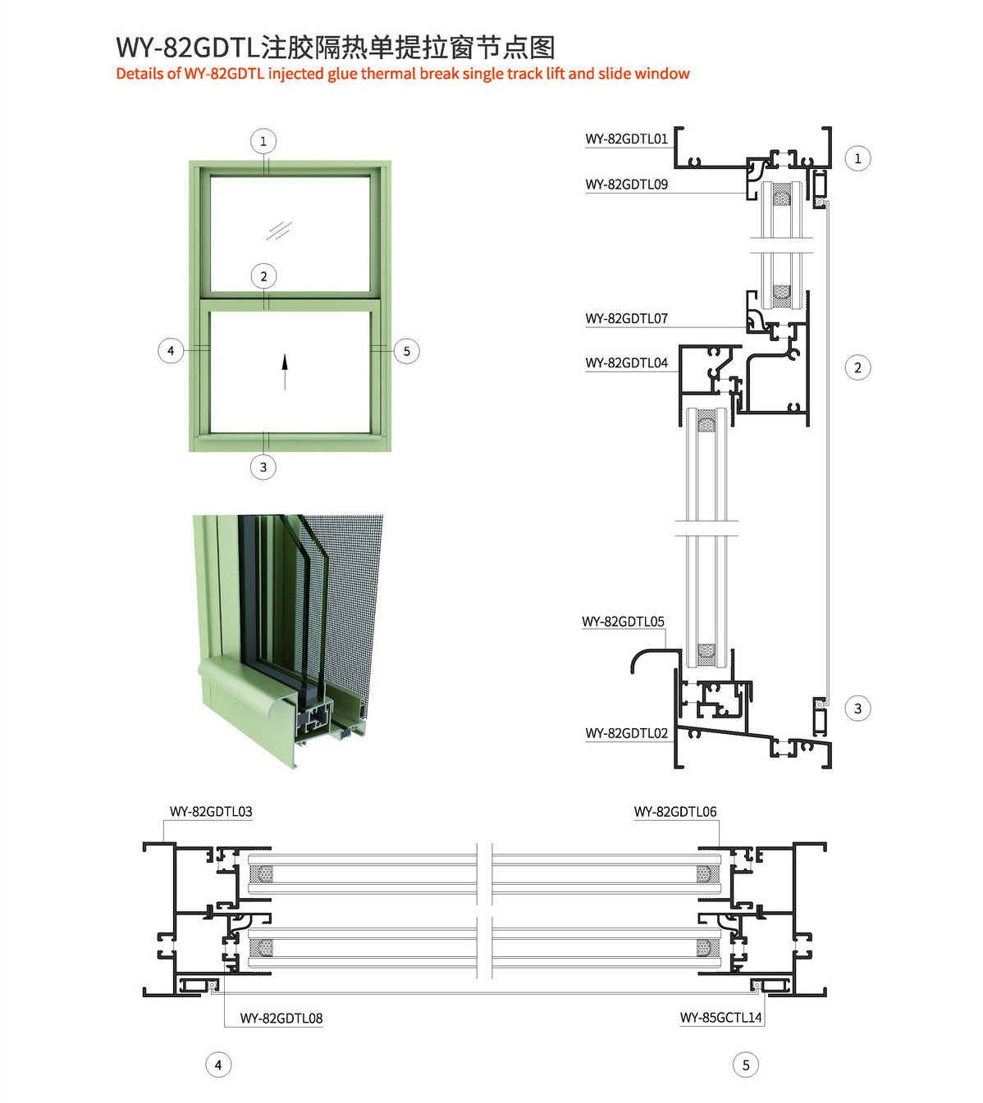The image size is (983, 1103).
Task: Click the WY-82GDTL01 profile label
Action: (x=627, y=139)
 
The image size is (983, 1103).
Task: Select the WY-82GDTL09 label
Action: (x=627, y=185)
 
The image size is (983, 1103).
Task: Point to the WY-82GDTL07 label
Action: (x=627, y=318)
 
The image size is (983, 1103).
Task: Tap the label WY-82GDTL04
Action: (x=627, y=363)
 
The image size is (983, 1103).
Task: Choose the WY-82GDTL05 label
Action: (x=624, y=622)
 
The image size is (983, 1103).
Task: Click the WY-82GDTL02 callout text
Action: (x=627, y=733)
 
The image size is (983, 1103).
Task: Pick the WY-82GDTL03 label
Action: (x=211, y=812)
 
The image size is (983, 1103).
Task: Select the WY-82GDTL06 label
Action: (x=675, y=812)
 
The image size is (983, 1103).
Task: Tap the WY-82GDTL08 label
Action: (x=281, y=1018)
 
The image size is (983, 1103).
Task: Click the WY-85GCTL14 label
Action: (x=720, y=1018)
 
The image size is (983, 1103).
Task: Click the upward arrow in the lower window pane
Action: (x=285, y=372)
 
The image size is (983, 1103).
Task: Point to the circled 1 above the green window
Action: (x=263, y=142)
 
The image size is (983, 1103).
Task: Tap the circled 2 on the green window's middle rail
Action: (x=263, y=276)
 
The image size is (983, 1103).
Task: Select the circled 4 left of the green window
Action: (x=171, y=351)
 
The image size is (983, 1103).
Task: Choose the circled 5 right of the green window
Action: (x=406, y=351)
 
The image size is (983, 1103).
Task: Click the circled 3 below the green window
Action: (x=263, y=467)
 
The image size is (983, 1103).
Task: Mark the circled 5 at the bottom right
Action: (x=746, y=1065)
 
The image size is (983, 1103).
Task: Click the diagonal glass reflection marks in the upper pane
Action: (x=279, y=230)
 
